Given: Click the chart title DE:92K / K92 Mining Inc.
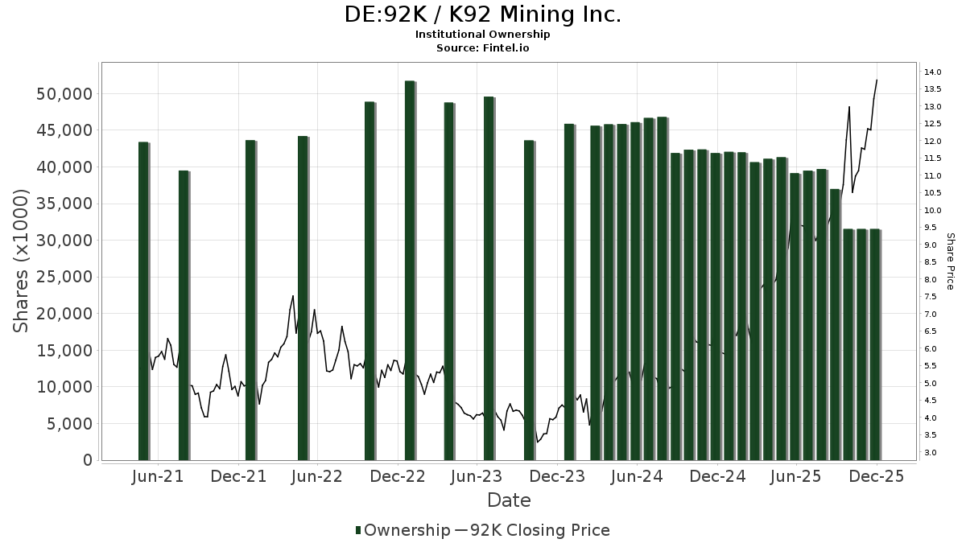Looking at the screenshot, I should pyautogui.click(x=483, y=14).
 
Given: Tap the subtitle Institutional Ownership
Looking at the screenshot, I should pyautogui.click(x=483, y=35).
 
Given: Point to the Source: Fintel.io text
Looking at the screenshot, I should pyautogui.click(x=483, y=48).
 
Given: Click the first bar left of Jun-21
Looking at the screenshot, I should pyautogui.click(x=143, y=301).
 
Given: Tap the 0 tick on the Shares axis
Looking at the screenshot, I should pyautogui.click(x=86, y=460).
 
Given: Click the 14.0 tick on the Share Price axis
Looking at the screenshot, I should pyautogui.click(x=933, y=72).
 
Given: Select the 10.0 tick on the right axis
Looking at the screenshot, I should pyautogui.click(x=933, y=211).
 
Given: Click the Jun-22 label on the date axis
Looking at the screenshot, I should pyautogui.click(x=316, y=477).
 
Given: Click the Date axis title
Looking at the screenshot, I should pyautogui.click(x=509, y=500).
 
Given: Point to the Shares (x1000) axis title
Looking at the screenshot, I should pyautogui.click(x=22, y=261).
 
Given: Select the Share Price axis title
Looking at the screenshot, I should pyautogui.click(x=950, y=261).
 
